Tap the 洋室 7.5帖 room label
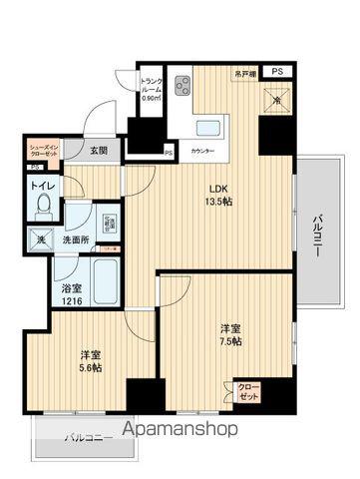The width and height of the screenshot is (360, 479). pos(229,333)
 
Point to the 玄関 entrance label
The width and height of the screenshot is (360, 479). pos(98,151)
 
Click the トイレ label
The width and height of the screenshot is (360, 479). pos(42,186)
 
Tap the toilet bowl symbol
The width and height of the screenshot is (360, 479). pos(42,207)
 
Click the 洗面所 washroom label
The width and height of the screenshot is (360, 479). pos(72,240)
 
